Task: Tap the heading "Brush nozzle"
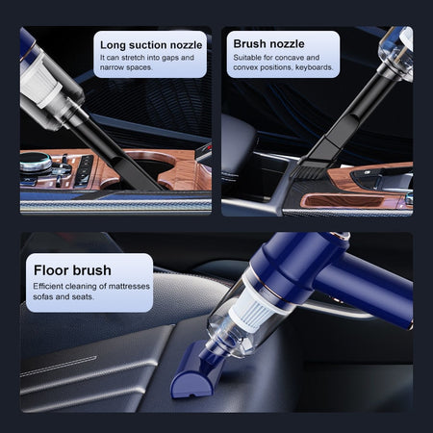[269, 43]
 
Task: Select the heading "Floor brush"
[72, 269]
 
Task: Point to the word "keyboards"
[312, 68]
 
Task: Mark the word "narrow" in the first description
[113, 68]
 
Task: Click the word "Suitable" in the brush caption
[249, 58]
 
